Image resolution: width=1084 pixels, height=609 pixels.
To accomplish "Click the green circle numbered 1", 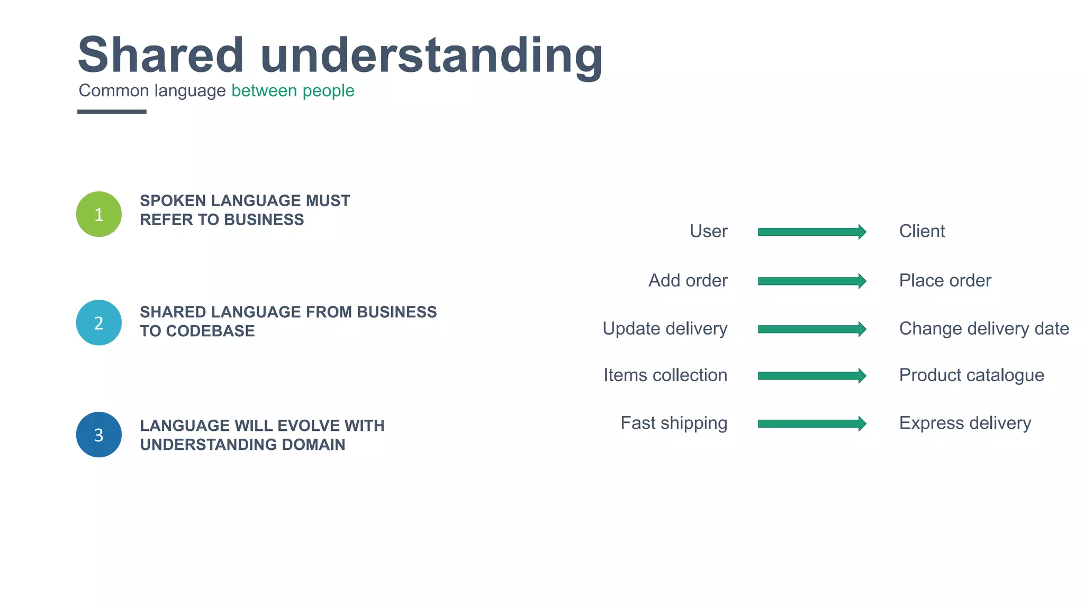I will (99, 214).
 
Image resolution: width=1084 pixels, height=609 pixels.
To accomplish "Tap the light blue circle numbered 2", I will (99, 322).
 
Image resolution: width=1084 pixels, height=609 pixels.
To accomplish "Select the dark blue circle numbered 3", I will (99, 435).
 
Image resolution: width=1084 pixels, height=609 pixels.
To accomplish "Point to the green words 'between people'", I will (293, 91).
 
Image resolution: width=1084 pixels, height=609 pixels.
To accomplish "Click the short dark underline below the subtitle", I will (112, 112).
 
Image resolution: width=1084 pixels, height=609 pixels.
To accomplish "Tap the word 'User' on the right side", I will (708, 232).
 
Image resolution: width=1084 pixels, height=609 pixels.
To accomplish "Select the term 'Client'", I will (922, 232).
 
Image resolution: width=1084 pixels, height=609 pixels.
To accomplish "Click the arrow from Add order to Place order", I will (811, 281).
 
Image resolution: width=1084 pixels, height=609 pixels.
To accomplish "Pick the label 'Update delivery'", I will (665, 329).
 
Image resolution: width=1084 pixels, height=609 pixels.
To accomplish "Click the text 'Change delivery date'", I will (983, 329).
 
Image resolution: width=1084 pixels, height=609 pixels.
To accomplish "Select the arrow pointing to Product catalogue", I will (811, 376).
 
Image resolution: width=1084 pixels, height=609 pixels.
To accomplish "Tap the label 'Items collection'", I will (665, 375).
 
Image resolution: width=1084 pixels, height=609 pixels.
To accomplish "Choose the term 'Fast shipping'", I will (674, 423).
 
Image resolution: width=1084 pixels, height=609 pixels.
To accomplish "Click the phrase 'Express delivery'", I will (965, 423).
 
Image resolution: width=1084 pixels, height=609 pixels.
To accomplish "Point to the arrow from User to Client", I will (811, 232).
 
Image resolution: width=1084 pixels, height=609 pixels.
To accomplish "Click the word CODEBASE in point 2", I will (210, 331).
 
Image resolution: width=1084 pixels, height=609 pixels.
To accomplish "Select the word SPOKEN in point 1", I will (173, 201).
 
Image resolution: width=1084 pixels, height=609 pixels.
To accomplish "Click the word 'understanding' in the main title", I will (431, 55).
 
